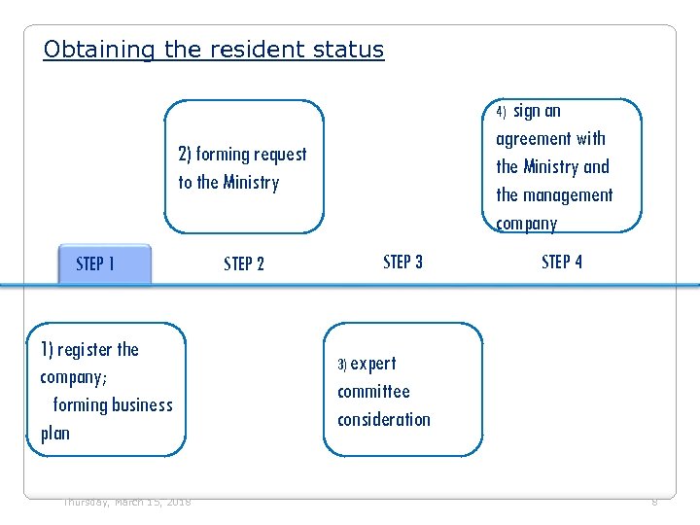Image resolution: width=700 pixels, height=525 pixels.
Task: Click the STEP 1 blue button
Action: pos(104,263)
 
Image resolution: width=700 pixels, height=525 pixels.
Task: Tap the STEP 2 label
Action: pos(244,263)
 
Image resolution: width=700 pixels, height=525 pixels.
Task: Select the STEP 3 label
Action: pos(402,262)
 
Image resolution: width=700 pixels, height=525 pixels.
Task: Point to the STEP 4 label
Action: pos(562,262)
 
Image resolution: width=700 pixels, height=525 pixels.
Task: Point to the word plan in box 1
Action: pos(55,434)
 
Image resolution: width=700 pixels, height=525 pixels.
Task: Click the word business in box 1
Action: pos(138,405)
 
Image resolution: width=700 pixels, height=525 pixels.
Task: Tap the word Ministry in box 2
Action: pos(251,183)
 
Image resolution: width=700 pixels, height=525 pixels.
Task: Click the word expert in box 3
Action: pos(373,364)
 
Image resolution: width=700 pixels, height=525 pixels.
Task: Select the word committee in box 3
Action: pos(373,392)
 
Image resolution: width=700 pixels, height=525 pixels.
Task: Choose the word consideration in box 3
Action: pos(384,420)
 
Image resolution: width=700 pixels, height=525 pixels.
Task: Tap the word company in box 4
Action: pos(526,224)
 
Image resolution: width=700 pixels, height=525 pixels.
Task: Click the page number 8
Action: pos(654,502)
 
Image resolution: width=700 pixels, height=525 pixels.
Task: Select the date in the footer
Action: pos(126,502)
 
